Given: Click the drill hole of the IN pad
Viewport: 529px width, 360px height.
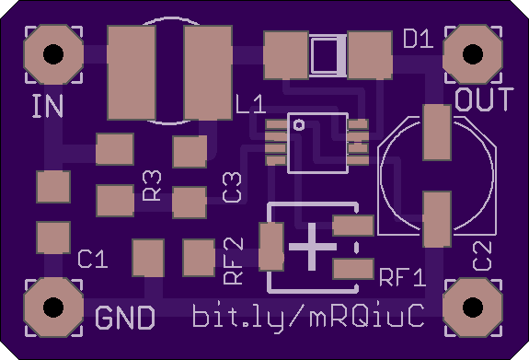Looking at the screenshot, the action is pyautogui.click(x=53, y=54).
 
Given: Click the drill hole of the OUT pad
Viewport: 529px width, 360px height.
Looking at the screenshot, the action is pyautogui.click(x=473, y=54).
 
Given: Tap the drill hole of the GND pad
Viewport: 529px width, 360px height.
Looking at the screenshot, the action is pyautogui.click(x=53, y=308).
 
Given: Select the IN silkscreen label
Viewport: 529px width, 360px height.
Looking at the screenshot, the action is pyautogui.click(x=48, y=106).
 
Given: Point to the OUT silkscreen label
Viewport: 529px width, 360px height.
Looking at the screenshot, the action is pyautogui.click(x=484, y=99).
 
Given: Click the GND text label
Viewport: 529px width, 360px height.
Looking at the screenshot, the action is pyautogui.click(x=125, y=318).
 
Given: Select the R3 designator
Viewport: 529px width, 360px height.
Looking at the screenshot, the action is pyautogui.click(x=152, y=186).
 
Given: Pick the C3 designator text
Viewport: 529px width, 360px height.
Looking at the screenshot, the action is pyautogui.click(x=232, y=188).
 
